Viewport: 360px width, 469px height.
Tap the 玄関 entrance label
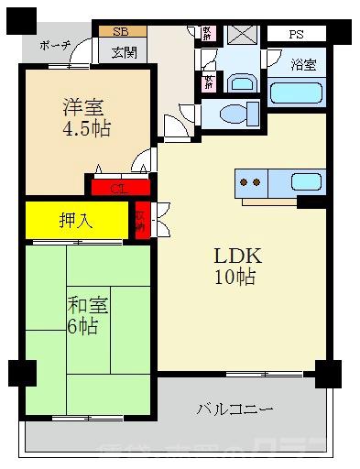(125, 52)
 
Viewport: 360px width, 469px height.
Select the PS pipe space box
(295, 34)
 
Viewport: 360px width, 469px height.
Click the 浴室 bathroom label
(304, 65)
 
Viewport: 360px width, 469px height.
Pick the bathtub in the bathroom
(295, 94)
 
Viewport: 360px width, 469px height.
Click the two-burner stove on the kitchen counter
(251, 181)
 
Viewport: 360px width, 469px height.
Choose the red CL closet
(118, 189)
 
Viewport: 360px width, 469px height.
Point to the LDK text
(234, 255)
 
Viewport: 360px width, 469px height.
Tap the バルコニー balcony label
(233, 409)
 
